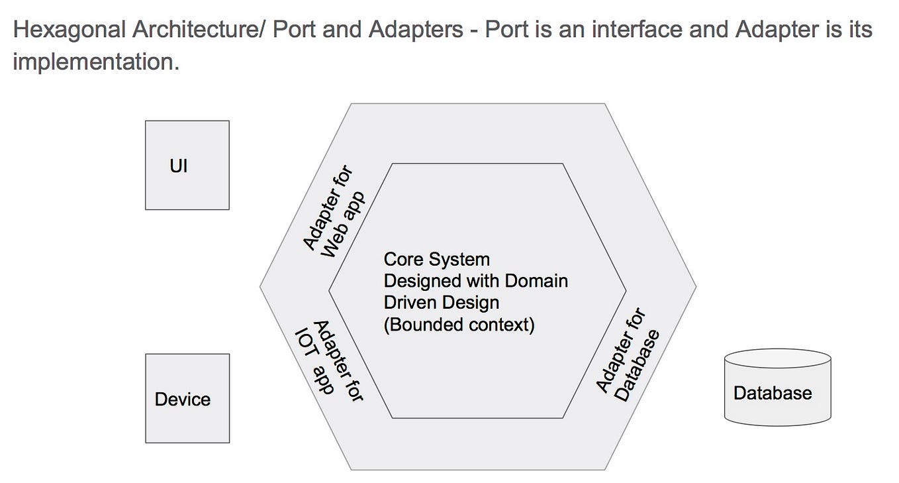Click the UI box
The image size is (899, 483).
point(187,165)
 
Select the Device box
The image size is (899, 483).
point(187,398)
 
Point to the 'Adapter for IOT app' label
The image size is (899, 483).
point(330,361)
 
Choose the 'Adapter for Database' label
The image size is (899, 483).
point(627,356)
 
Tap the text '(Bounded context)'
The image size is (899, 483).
point(459,325)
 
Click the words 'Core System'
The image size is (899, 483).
point(436,259)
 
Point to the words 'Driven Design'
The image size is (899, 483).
point(441,303)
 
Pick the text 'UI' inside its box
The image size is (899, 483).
point(179,166)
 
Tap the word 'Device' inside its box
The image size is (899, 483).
point(183,400)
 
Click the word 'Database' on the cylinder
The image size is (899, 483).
point(772,393)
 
